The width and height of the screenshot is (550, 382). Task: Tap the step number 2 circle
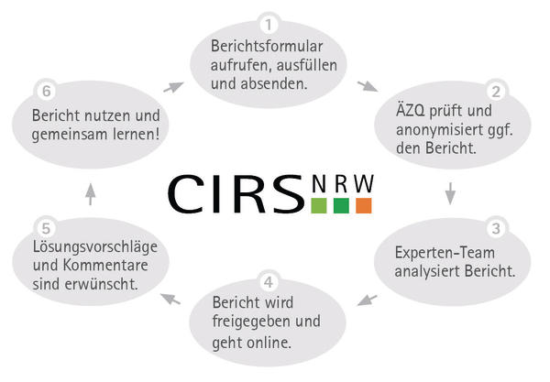pyautogui.click(x=495, y=92)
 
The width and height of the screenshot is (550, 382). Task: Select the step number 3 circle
pyautogui.click(x=495, y=229)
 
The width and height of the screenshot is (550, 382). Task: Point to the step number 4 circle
pyautogui.click(x=267, y=281)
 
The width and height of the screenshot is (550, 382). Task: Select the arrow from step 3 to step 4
pyautogui.click(x=367, y=300)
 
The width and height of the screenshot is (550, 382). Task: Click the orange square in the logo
pyautogui.click(x=363, y=206)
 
